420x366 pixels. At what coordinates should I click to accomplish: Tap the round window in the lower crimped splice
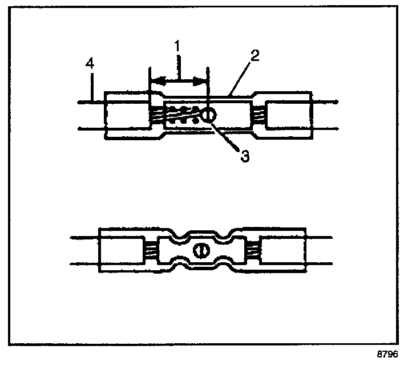tap(200, 250)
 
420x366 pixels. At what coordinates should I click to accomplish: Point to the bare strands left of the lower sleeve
tap(150, 250)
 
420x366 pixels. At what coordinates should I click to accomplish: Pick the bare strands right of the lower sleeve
tap(252, 250)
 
